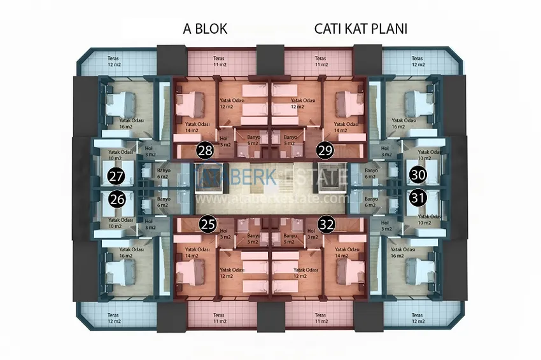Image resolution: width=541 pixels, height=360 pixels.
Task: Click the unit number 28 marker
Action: click(205, 151)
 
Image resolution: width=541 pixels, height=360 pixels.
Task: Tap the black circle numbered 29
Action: click(325, 151)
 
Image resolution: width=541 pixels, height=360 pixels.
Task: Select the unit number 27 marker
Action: click(116, 176)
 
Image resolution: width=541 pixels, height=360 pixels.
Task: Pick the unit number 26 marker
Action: click(116, 198)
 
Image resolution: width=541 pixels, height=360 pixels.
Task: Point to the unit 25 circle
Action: click(207, 224)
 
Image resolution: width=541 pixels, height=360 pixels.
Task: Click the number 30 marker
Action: click(418, 174)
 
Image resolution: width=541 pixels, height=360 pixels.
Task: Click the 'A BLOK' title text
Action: click(205, 29)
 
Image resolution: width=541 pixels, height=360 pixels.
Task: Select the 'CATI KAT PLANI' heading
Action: click(360, 29)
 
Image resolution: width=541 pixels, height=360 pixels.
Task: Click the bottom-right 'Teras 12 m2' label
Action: click(418, 319)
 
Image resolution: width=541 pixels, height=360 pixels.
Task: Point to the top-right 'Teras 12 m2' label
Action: click(418, 62)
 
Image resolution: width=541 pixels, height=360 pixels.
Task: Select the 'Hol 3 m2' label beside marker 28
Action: click(224, 141)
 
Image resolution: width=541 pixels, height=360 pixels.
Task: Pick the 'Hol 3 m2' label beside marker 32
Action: click(311, 234)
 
